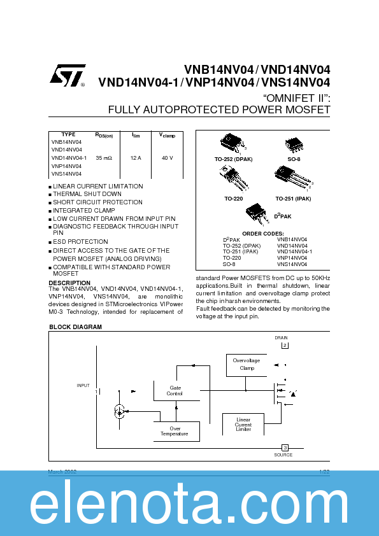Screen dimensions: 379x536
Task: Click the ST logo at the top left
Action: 66,75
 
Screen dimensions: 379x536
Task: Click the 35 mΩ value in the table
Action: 104,157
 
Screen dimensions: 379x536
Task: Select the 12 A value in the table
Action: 135,157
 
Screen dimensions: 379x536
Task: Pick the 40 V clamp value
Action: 167,157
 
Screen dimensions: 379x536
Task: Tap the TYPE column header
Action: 68,135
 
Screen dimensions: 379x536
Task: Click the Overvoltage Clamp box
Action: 247,365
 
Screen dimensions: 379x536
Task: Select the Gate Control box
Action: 175,391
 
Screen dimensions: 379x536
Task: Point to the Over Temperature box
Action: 175,431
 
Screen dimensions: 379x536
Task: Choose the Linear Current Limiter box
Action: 243,425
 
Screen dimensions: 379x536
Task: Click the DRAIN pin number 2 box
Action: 285,346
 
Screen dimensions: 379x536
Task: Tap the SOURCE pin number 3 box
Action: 285,448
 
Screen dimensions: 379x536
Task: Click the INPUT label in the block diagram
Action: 83,385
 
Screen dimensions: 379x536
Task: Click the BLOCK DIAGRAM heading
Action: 75,327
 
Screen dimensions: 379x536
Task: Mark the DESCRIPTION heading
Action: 69,283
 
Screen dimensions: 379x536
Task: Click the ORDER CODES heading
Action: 263,234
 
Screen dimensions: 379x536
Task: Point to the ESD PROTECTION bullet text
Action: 80,242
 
